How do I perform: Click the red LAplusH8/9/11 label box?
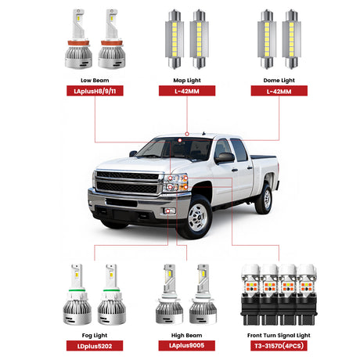(95, 91)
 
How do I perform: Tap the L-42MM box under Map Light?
(187, 91)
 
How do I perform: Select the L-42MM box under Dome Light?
(279, 91)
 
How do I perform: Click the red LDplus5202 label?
(95, 346)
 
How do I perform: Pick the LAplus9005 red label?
(187, 345)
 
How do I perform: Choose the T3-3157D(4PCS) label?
(279, 346)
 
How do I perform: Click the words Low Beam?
(95, 81)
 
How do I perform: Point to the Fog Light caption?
(95, 336)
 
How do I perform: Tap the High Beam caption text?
(187, 335)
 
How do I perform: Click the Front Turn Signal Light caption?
(279, 336)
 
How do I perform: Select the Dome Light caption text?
(279, 81)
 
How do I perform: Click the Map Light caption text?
(187, 81)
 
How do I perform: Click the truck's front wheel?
(197, 217)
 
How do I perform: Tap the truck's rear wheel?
(264, 199)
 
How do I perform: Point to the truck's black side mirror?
(225, 158)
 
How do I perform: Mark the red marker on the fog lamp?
(168, 211)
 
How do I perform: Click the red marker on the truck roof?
(187, 134)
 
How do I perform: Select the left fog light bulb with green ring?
(77, 295)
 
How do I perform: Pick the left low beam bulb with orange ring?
(78, 39)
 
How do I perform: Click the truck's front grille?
(128, 182)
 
